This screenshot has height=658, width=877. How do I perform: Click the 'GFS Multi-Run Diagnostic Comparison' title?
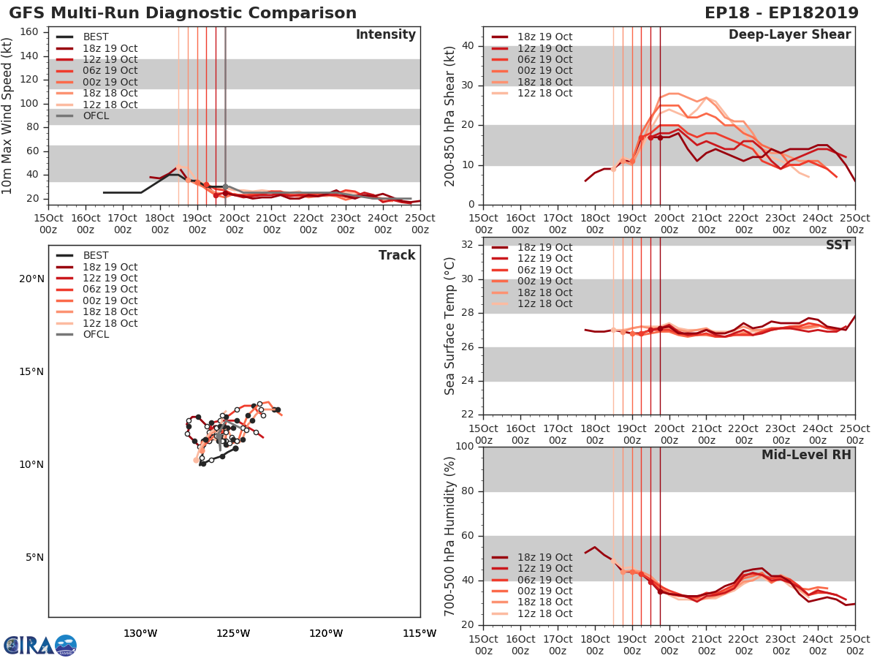pos(183,13)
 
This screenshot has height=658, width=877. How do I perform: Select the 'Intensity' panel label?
pos(385,35)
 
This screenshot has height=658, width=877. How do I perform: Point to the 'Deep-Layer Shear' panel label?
pos(789,35)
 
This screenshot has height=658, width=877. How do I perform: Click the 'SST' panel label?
pos(838,245)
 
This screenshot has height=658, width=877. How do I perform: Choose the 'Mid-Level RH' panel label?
pos(806,455)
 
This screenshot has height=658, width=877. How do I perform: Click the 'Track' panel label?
pos(397,255)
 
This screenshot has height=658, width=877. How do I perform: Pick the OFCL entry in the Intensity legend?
pos(95,116)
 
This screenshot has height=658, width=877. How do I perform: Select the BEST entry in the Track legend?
pos(95,255)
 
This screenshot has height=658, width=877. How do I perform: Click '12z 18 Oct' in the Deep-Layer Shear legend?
pos(544,93)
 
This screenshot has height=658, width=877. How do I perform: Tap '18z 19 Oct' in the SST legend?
pos(544,247)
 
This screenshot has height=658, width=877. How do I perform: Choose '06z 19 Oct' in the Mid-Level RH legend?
pos(544,580)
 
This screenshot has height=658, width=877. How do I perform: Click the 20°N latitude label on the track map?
pos(31,279)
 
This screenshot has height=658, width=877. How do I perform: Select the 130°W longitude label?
pos(140,634)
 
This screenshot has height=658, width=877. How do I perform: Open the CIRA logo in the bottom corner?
pos(39,645)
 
